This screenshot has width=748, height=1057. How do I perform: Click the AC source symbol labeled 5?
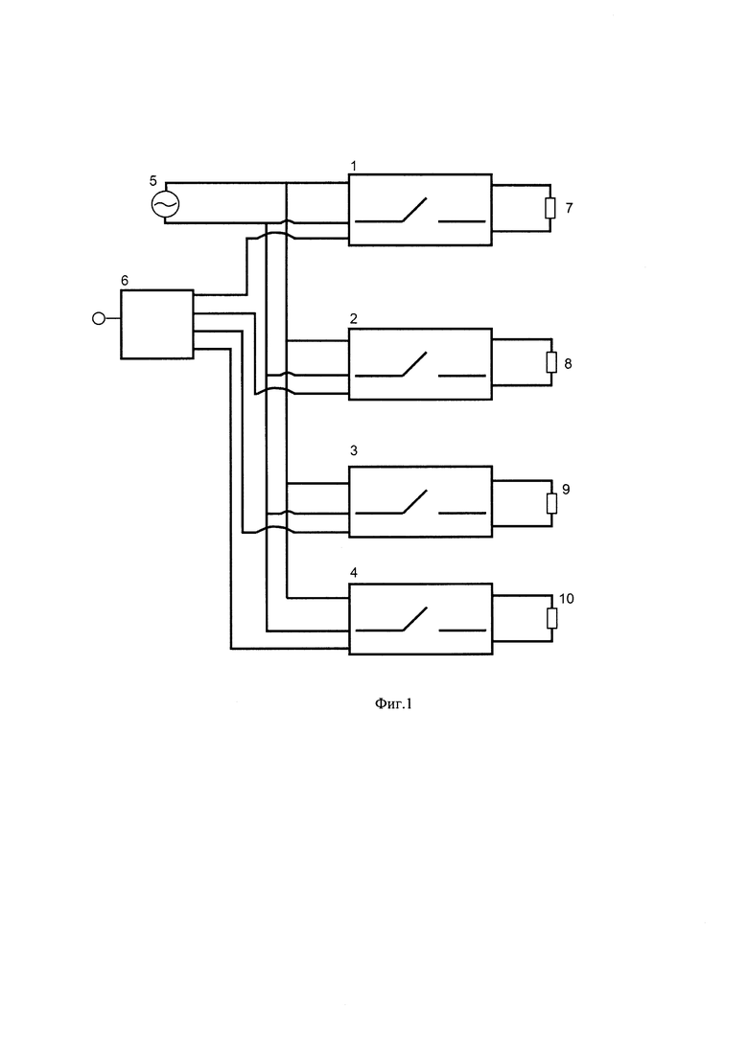tap(165, 203)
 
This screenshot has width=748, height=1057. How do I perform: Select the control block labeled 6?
tap(157, 324)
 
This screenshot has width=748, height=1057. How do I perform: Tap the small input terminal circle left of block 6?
tap(99, 318)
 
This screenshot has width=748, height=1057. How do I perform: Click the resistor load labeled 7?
tap(550, 208)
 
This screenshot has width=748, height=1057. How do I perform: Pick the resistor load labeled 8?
tap(551, 362)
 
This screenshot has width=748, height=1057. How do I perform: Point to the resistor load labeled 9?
tap(551, 503)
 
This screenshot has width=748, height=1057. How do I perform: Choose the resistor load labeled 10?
tap(551, 618)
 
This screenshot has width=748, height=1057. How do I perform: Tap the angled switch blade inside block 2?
tap(415, 364)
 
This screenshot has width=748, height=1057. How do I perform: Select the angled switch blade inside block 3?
tap(415, 501)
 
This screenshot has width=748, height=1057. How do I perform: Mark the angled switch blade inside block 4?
tap(415, 619)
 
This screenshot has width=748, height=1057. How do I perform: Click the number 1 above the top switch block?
tap(354, 165)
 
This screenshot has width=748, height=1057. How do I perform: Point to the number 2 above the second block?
tap(354, 318)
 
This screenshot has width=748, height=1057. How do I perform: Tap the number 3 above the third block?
tap(354, 450)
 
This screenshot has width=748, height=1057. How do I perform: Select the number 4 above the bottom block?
tap(354, 572)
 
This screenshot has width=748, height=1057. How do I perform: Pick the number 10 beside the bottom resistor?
tap(567, 599)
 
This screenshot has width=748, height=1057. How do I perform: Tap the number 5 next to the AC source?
tap(153, 181)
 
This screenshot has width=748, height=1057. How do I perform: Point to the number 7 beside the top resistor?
tap(569, 208)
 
